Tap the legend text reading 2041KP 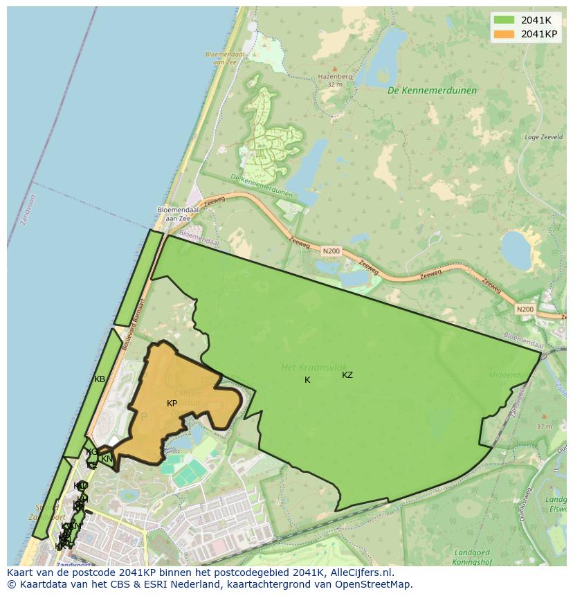pos(540,34)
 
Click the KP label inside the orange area pos(172,403)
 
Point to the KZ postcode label pos(347,375)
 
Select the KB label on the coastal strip pos(100,379)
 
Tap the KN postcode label pos(107,458)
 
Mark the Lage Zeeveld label pos(542,137)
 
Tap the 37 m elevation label pos(545,426)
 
